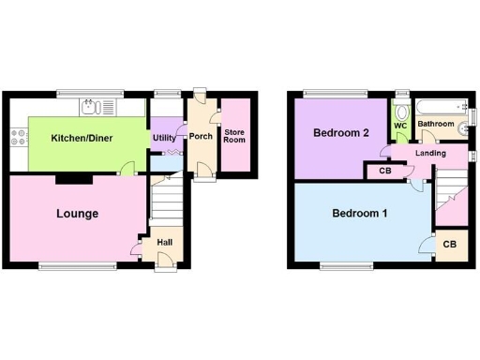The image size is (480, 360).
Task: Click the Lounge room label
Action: point(77,214)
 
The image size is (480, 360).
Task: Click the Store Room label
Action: point(234,136)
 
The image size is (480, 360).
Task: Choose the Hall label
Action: point(164,242)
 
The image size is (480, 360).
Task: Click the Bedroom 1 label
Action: point(360,214)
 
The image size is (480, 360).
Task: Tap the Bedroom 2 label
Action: point(340,133)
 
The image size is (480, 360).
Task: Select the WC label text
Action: point(400,125)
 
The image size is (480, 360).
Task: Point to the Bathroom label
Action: point(436,124)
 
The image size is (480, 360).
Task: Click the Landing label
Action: point(418,154)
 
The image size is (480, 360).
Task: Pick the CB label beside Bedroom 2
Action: point(385,172)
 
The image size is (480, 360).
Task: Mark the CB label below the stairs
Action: point(449,245)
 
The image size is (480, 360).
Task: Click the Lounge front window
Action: point(78,266)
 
